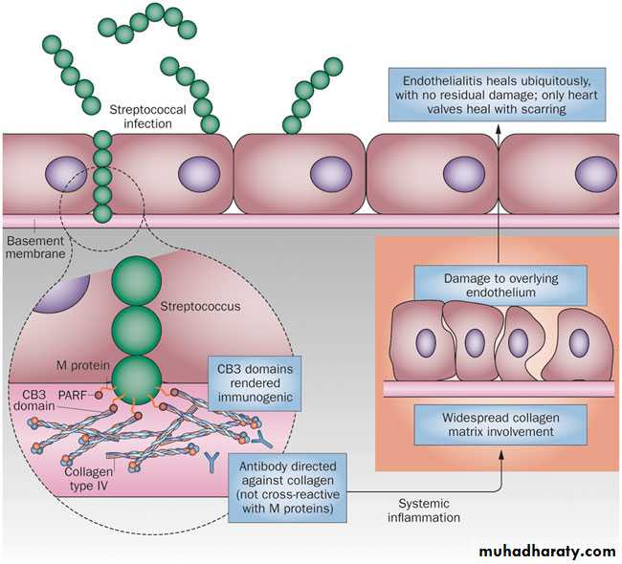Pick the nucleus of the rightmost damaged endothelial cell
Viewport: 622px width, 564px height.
coord(578,342)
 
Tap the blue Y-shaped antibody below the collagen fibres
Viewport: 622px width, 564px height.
coord(210,460)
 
